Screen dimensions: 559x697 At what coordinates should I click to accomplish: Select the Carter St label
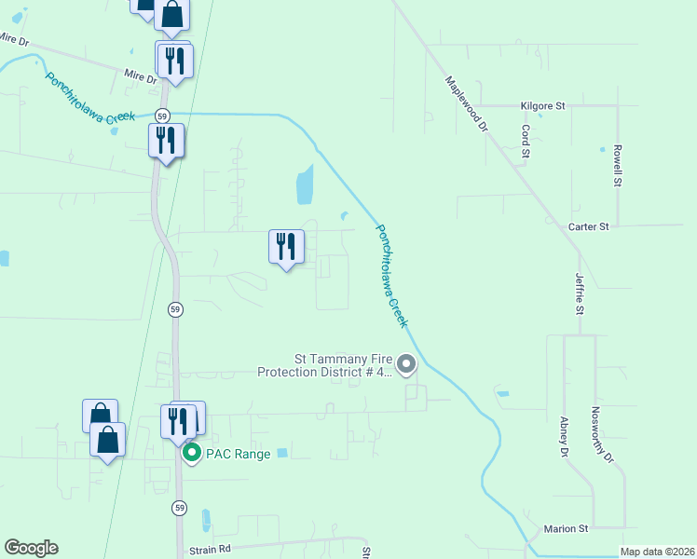click(588, 226)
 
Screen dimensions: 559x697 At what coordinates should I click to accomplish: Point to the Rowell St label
click(617, 164)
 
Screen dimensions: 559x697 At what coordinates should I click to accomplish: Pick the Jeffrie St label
click(579, 292)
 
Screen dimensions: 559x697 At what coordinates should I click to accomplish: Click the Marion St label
click(567, 529)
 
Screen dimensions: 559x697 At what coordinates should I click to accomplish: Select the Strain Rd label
click(209, 550)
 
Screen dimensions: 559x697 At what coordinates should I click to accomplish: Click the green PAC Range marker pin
click(192, 454)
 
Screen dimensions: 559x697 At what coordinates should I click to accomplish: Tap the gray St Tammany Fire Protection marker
click(406, 364)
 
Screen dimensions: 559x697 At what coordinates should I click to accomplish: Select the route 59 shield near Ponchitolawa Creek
click(163, 116)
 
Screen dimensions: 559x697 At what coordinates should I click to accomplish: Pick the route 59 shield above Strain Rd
click(179, 508)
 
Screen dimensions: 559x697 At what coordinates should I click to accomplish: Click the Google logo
click(31, 548)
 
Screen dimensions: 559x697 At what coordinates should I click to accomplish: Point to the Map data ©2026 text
click(657, 552)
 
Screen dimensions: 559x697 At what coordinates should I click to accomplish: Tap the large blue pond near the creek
click(304, 186)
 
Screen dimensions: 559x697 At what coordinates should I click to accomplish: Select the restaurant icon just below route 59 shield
click(166, 141)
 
